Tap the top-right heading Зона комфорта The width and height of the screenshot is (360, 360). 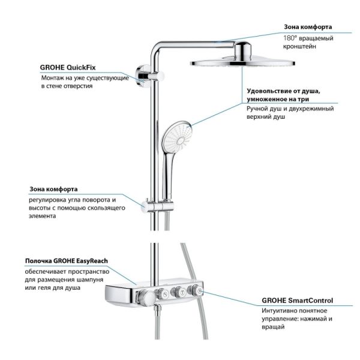click(x=308, y=27)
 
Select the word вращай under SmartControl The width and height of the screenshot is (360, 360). click(x=274, y=329)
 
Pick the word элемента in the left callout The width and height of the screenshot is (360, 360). click(x=41, y=216)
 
